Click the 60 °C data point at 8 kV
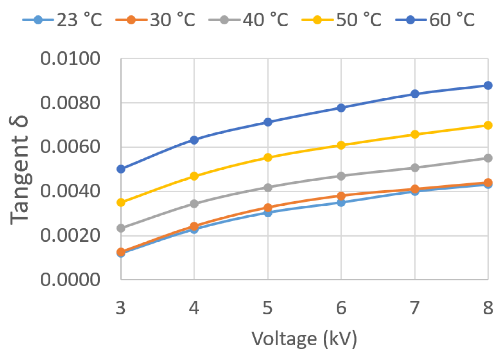[x=488, y=85]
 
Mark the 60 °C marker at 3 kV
[x=121, y=169]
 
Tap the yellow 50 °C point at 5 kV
[x=268, y=157]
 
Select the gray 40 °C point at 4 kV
[x=194, y=204]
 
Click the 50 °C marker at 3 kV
[x=121, y=203]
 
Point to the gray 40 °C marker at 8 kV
[x=488, y=158]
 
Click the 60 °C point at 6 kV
[x=341, y=108]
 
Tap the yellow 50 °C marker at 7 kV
[x=415, y=135]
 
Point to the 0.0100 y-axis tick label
[x=70, y=59]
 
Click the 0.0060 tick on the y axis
[x=70, y=147]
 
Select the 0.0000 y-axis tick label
[x=70, y=279]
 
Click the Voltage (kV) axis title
[x=304, y=339]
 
